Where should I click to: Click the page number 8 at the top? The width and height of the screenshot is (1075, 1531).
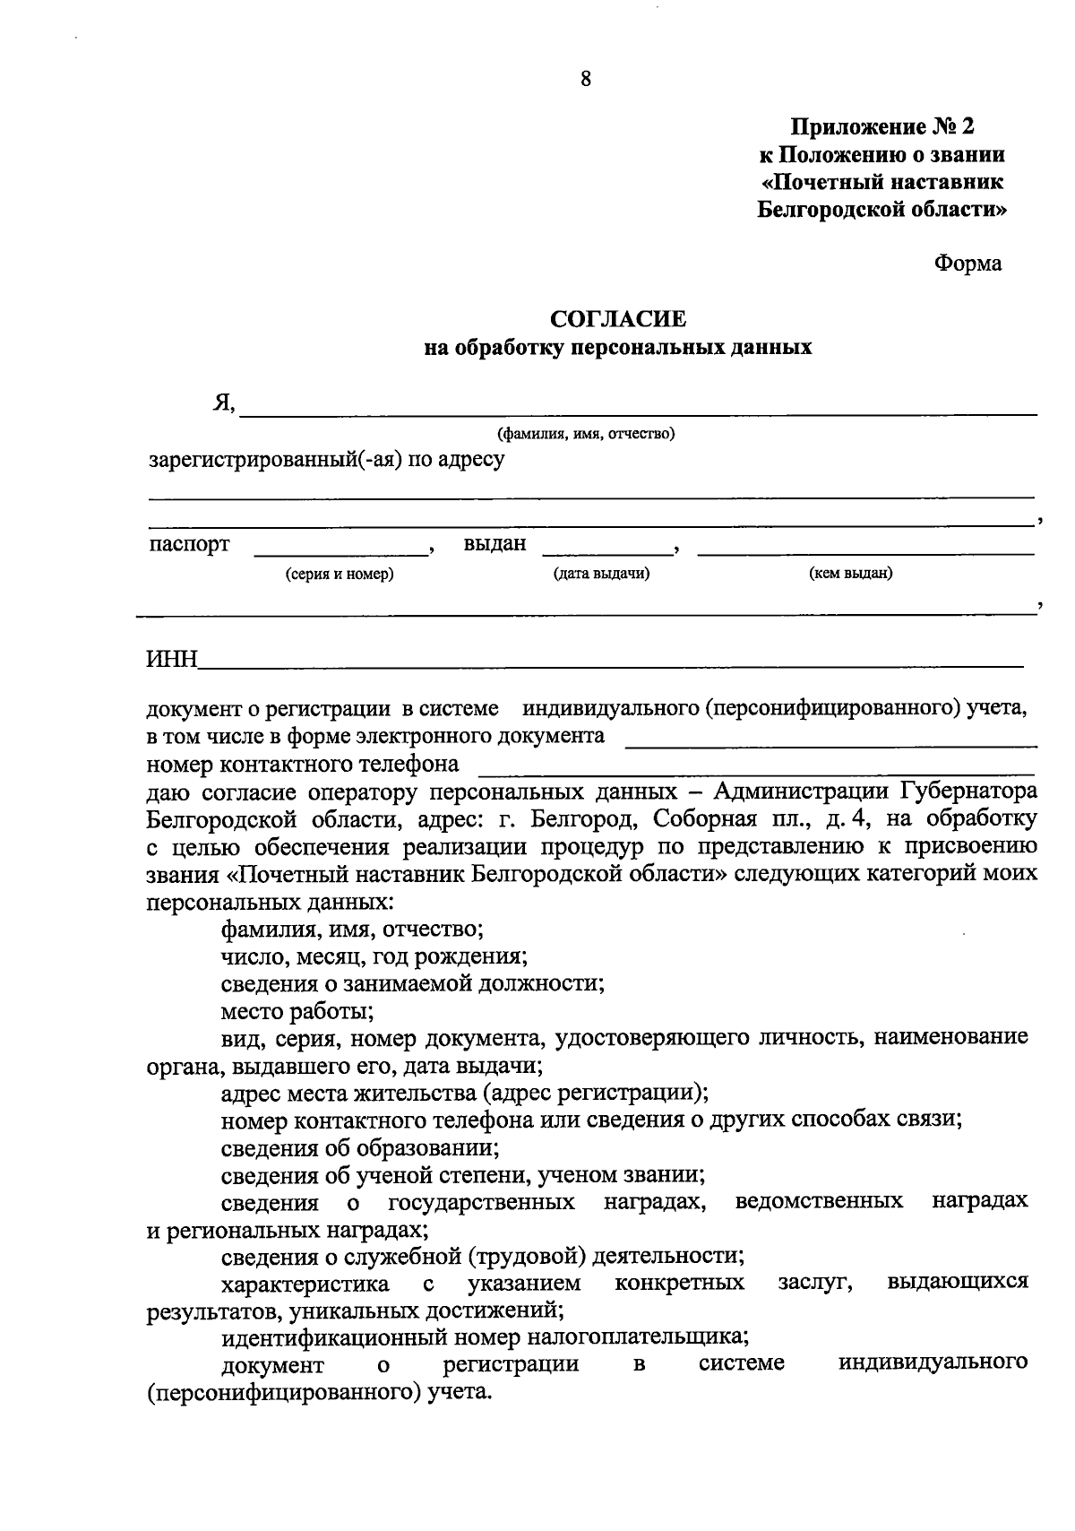coord(586,79)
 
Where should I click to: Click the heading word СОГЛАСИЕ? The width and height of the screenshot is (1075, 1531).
coord(617,318)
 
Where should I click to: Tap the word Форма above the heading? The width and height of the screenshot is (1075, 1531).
coord(967,264)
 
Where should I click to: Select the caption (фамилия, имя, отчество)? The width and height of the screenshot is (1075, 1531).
coord(586,435)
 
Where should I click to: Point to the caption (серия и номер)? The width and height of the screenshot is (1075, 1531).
coord(340,574)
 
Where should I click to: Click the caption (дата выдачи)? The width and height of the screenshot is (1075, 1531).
coord(601,574)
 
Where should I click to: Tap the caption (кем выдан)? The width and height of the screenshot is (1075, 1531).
coord(850,574)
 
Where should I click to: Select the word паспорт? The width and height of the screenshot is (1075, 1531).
coord(189,544)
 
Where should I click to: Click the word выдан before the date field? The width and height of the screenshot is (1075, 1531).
coord(494,544)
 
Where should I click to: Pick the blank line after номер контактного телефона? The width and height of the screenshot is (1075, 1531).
coord(757,772)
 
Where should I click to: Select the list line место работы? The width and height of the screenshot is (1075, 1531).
coord(297,1011)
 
